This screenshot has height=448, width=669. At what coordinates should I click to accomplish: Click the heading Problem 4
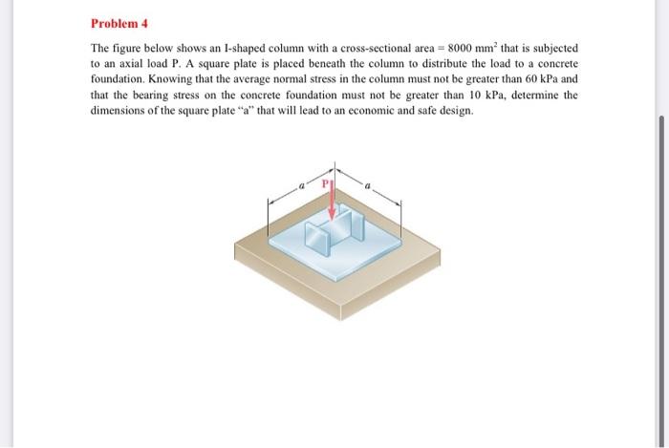[120, 23]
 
